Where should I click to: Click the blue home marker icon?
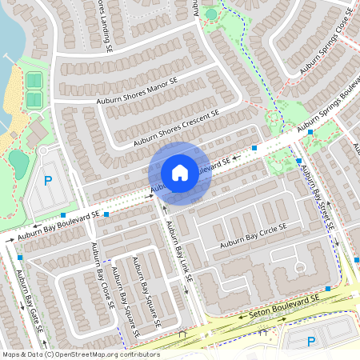[x=180, y=172]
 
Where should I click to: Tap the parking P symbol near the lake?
[x=47, y=181]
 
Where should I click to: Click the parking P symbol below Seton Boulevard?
[x=311, y=342]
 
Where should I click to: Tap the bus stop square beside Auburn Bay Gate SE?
[x=19, y=258]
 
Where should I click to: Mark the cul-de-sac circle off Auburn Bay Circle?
[x=300, y=266]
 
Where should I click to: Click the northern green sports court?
[x=34, y=81]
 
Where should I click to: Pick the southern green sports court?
[x=34, y=99]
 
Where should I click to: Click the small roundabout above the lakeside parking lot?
[x=44, y=150]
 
